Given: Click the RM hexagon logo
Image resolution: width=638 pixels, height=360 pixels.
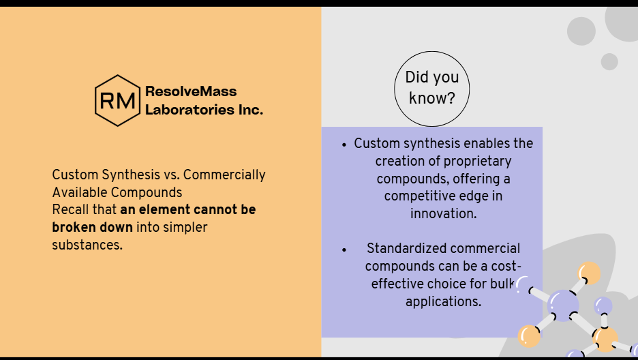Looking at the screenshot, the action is point(118,100).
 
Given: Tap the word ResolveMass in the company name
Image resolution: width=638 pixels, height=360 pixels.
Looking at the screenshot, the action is point(191,91).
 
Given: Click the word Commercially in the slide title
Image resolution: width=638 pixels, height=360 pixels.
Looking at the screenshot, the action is point(224,175).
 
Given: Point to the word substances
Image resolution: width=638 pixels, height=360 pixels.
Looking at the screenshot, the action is point(87,245).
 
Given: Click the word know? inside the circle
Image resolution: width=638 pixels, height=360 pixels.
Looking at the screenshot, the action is point(431,98).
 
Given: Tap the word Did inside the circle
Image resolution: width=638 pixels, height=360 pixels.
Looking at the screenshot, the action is point(415,77).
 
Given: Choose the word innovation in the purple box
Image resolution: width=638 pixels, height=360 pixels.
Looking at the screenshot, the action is point(444,213).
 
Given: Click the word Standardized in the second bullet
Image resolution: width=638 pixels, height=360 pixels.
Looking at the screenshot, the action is point(402,248).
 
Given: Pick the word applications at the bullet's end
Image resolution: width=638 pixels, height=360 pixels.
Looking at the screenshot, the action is point(444,301).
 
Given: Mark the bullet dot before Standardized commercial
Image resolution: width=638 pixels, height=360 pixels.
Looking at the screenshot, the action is point(344,250).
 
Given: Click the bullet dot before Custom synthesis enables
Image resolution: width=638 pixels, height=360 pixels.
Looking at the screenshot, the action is point(344,145).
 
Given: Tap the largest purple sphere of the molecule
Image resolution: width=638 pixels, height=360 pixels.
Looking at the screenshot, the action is point(563,305).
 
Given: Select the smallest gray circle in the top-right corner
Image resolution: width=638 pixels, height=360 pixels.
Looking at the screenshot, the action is point(609,61).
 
